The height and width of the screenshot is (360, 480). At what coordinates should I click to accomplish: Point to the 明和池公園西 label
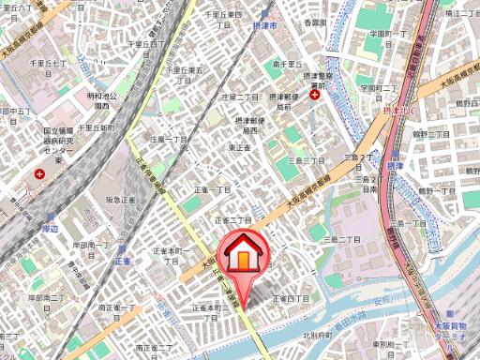[101, 99]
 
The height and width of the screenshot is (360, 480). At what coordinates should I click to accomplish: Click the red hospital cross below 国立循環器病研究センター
[40, 174]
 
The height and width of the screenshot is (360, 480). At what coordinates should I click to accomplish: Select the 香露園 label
[315, 21]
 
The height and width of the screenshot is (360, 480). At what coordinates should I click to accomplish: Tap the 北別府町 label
[320, 334]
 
